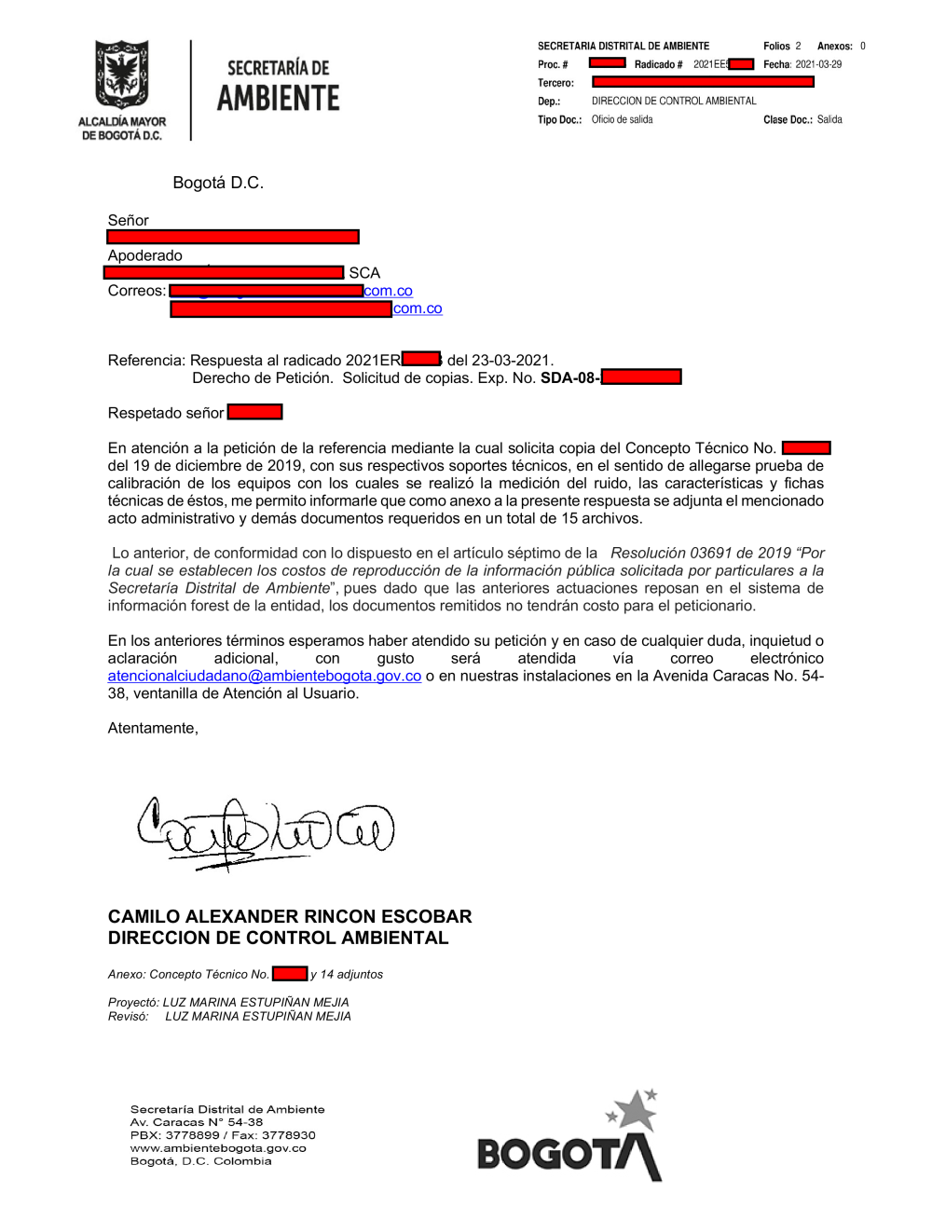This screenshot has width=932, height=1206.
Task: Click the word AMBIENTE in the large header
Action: point(278,98)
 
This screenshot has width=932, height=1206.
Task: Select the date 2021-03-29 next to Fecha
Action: point(817,64)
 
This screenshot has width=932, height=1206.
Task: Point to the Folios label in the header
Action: point(775,46)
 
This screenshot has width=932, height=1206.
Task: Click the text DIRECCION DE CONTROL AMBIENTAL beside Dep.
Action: point(674,101)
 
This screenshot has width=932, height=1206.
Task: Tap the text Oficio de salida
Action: point(622,119)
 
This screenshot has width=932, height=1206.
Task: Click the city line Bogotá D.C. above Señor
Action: point(218,183)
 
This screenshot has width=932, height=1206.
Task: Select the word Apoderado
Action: point(144,255)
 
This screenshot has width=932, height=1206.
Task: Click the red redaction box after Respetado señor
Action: point(254,412)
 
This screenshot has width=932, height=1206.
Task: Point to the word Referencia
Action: point(146,360)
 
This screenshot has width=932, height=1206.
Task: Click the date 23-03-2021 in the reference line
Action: point(512,360)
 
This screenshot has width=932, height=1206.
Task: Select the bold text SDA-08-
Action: point(569,377)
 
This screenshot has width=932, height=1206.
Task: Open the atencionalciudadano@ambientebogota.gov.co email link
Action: point(264,676)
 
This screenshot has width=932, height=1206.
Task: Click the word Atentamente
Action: point(153,728)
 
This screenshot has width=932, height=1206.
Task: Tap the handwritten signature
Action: point(266,829)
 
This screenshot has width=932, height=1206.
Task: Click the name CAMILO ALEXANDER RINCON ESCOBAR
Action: point(289,916)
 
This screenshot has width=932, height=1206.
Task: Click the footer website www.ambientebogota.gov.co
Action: point(218,1148)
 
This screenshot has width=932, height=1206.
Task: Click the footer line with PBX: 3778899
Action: point(223,1135)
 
